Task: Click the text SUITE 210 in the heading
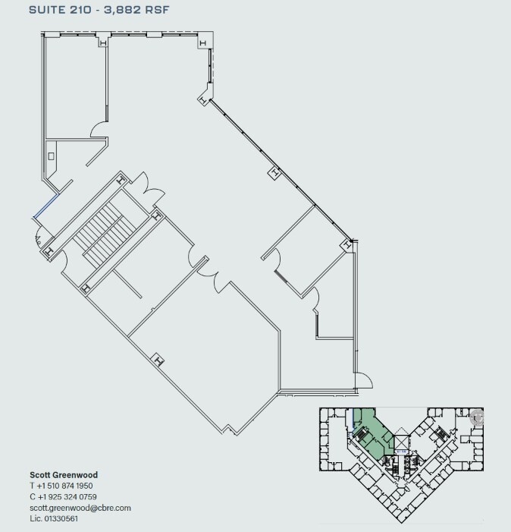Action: click(x=60, y=10)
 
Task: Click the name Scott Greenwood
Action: click(x=64, y=475)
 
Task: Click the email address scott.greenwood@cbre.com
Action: click(x=80, y=508)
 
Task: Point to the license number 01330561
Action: click(x=64, y=518)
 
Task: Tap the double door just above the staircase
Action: click(x=147, y=188)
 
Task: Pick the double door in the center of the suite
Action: click(x=210, y=276)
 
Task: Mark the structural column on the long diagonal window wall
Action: click(x=273, y=174)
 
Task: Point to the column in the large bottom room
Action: click(x=158, y=360)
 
